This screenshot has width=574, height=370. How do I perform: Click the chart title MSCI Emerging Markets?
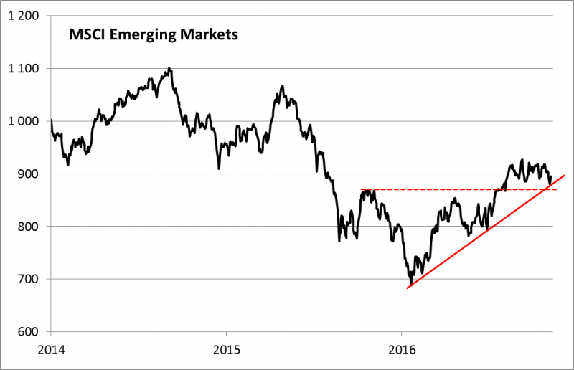[152, 34]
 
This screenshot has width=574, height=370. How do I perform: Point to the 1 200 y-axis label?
[24, 16]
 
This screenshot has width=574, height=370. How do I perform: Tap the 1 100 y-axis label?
[24, 69]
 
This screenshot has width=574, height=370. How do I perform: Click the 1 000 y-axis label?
[24, 121]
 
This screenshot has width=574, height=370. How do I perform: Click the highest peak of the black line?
[169, 68]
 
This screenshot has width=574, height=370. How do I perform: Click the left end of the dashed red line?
[361, 189]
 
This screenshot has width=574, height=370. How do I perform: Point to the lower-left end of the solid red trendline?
[408, 288]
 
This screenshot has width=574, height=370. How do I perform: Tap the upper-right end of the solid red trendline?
[565, 175]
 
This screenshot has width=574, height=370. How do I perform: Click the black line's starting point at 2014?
[52, 120]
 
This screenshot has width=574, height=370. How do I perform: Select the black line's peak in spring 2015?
[283, 86]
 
